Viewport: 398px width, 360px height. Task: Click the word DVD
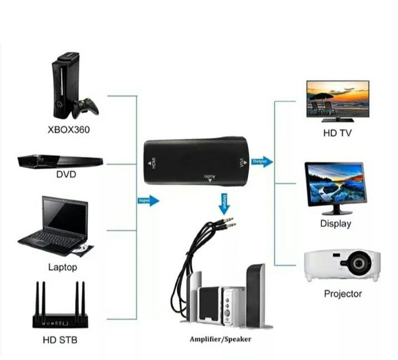tap(66, 174)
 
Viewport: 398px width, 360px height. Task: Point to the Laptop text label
tap(63, 267)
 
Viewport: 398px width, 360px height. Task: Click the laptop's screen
tap(64, 216)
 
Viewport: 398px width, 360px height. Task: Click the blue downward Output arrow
tap(224, 204)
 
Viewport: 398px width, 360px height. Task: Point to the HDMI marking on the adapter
tap(150, 164)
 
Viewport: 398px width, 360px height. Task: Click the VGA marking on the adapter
tap(241, 163)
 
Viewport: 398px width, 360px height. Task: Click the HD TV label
tap(337, 133)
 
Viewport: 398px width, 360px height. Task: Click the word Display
tap(336, 223)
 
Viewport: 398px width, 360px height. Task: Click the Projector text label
tap(343, 293)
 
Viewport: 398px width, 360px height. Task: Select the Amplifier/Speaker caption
tap(221, 339)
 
